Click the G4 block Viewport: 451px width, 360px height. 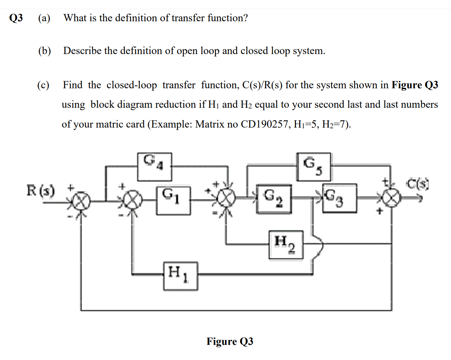click(154, 166)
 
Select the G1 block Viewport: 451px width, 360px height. click(173, 200)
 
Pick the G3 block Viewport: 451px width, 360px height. click(339, 198)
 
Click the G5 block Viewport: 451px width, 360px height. click(313, 166)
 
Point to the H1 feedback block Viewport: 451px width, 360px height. click(180, 276)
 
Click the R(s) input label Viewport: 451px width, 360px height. click(41, 190)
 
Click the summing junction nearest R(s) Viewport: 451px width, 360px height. click(80, 201)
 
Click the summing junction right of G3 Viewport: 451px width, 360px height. click(392, 198)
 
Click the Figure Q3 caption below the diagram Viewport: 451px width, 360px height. click(230, 341)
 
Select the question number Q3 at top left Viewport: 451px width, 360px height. click(16, 18)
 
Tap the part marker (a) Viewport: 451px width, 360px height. click(44, 18)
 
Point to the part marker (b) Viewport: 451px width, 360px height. click(44, 51)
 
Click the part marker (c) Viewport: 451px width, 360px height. click(43, 85)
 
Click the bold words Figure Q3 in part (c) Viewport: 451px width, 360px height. click(415, 85)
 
